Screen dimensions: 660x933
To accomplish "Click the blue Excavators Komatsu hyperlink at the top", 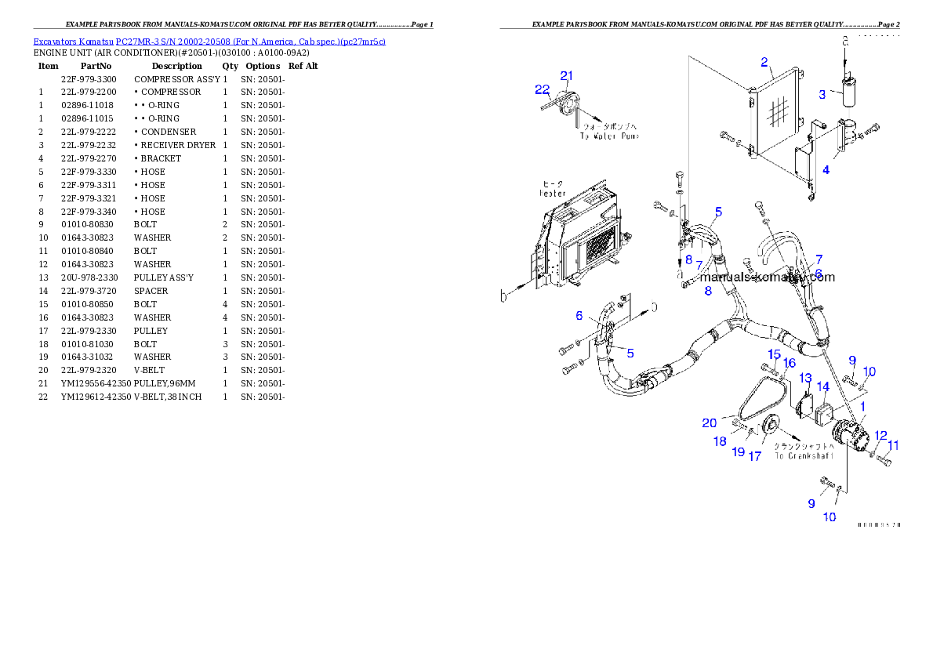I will (209, 41).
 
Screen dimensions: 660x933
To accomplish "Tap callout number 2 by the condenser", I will (764, 62).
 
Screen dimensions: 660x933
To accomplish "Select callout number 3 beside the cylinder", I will (822, 95).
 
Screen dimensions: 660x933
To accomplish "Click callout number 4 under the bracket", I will (826, 170).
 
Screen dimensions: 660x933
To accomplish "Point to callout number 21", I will (566, 75).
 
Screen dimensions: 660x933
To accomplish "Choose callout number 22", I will (542, 89).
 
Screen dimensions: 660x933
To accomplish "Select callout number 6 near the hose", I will (579, 316).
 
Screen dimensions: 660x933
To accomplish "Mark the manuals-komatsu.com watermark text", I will (767, 277).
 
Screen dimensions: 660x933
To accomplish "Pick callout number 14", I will (822, 386).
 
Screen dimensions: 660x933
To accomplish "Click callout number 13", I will (805, 379).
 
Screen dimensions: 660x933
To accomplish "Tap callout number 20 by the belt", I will (709, 423).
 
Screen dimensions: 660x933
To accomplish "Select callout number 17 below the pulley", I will (754, 456).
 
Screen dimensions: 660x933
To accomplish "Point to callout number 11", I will (893, 445).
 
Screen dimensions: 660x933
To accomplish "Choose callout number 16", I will (789, 363).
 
